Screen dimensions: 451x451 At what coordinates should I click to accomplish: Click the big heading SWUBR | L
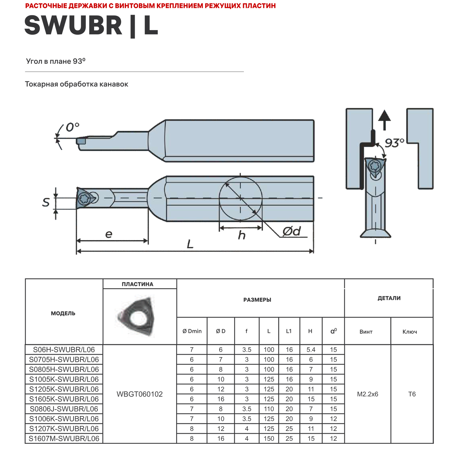(x=91, y=26)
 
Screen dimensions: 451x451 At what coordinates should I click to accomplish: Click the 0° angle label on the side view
(x=72, y=127)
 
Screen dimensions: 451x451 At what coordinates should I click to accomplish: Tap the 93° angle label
(x=394, y=143)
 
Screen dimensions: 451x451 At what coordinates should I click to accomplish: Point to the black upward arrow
(x=384, y=119)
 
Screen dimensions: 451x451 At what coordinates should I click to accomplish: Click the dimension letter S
(x=46, y=202)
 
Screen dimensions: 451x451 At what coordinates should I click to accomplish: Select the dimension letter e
(x=109, y=234)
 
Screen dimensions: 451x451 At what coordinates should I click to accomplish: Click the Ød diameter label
(x=291, y=231)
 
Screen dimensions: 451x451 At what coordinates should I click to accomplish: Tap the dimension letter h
(x=241, y=235)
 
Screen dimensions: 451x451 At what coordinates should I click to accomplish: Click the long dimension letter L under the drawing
(x=190, y=244)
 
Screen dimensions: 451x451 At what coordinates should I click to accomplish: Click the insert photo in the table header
(x=137, y=316)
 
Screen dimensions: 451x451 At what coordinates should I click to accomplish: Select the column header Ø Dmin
(x=192, y=331)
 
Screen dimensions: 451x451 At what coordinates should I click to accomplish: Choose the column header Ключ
(x=410, y=332)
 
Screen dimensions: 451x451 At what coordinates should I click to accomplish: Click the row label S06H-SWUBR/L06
(x=64, y=350)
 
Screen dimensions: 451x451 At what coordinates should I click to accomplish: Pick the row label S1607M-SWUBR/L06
(x=64, y=438)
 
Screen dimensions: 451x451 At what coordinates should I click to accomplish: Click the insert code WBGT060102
(x=140, y=394)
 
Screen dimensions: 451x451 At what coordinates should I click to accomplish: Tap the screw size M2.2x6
(x=367, y=394)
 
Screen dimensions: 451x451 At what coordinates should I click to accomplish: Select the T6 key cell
(x=412, y=394)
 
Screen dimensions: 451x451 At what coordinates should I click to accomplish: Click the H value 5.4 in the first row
(x=311, y=350)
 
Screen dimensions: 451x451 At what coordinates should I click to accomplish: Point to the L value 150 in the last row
(x=269, y=438)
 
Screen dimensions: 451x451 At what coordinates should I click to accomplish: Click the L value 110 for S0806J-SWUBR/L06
(x=269, y=409)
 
